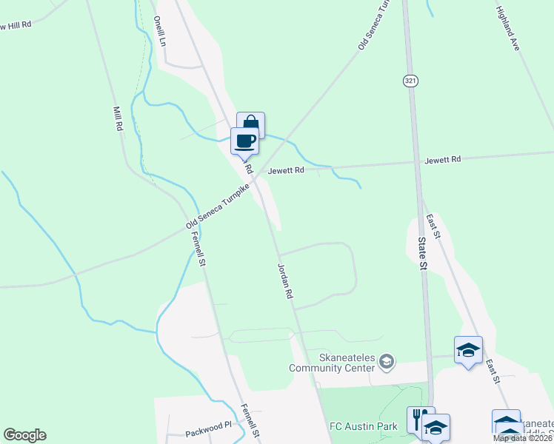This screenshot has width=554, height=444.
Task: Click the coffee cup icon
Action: point(244,140)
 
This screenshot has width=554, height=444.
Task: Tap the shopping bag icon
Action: point(250,123)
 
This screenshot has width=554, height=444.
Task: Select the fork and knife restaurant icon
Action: point(420,418)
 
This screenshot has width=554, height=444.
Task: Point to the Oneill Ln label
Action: point(159,31)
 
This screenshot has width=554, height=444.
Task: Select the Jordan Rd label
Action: point(286,280)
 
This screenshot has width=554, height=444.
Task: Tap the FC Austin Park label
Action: point(363,426)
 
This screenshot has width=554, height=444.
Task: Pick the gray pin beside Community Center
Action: point(386,362)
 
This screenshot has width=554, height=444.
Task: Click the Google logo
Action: point(24,435)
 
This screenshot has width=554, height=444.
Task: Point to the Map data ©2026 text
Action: point(522,438)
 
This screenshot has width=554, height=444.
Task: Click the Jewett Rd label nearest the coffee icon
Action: point(287,170)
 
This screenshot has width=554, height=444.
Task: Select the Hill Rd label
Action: point(16,25)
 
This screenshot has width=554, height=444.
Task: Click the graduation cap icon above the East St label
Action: point(468,349)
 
